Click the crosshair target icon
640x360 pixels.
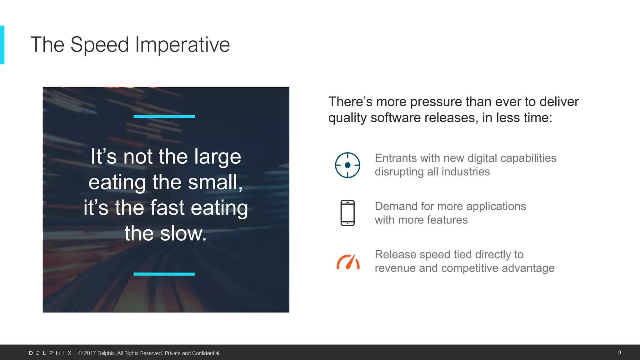pos(347,165)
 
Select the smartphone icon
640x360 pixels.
pos(347,213)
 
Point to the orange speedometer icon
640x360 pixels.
pos(348,262)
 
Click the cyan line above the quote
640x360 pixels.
pos(164,117)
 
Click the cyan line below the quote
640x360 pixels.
pos(164,274)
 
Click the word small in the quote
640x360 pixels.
pos(213,182)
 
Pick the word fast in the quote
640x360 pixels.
pos(167,208)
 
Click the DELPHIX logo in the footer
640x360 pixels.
pos(50,353)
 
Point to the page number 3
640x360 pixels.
pos(620,352)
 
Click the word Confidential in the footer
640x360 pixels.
pos(206,353)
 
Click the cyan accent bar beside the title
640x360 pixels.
pos(2,45)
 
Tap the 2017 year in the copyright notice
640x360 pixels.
pos(90,353)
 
